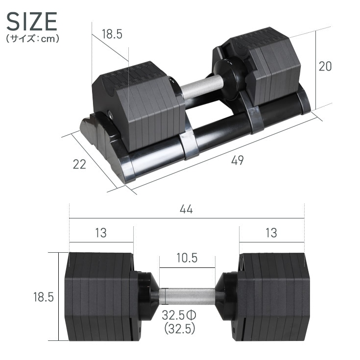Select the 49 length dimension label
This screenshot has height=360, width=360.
click(237, 160)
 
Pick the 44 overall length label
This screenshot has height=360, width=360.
click(186, 209)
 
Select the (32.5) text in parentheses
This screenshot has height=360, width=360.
click(180, 328)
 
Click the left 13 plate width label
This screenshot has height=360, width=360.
click(100, 233)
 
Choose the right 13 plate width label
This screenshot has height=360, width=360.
click(270, 233)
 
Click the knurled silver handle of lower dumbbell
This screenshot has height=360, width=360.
click(187, 296)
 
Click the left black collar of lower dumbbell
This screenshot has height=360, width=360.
click(146, 296)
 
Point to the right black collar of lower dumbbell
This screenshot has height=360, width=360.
click(227, 296)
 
